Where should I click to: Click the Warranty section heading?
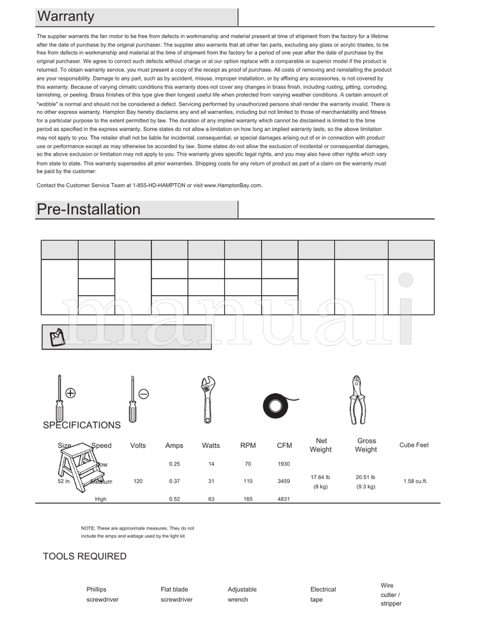click(x=66, y=17)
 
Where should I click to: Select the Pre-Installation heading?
click(x=88, y=209)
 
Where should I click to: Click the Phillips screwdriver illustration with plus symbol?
click(x=61, y=398)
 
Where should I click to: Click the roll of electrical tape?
click(x=278, y=406)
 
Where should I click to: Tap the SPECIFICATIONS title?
click(x=82, y=425)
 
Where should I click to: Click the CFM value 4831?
click(x=284, y=499)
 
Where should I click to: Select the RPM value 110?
click(x=248, y=481)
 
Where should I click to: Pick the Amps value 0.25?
click(x=174, y=463)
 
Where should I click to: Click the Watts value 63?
click(x=211, y=499)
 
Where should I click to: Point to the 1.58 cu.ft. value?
click(x=415, y=481)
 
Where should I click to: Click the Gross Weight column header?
click(x=366, y=445)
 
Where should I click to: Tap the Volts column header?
click(x=138, y=445)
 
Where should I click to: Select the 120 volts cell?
click(x=138, y=481)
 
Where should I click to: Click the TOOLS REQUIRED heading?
click(x=85, y=557)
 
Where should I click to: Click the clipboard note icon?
click(x=57, y=337)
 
